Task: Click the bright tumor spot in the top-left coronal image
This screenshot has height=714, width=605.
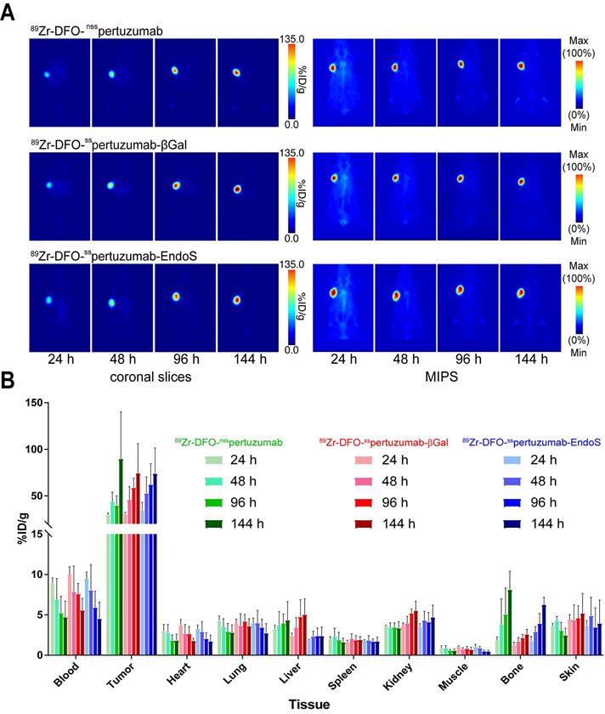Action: click(x=48, y=74)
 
